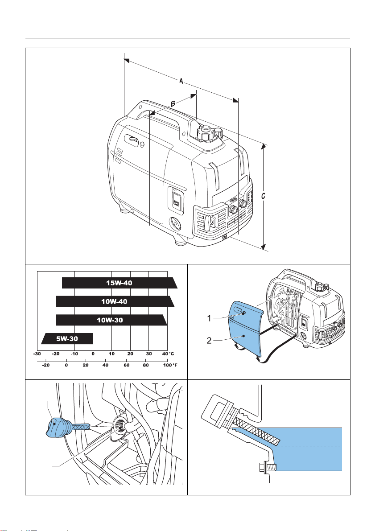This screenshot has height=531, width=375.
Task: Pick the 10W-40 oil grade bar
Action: click(x=114, y=301)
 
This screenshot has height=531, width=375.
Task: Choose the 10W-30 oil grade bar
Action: click(x=111, y=320)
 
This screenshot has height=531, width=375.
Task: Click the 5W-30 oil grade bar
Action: click(x=67, y=339)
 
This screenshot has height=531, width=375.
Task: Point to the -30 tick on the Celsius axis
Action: click(x=37, y=354)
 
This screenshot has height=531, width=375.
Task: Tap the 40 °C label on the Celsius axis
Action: click(x=167, y=354)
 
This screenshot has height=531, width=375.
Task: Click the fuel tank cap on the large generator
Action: click(x=206, y=132)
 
